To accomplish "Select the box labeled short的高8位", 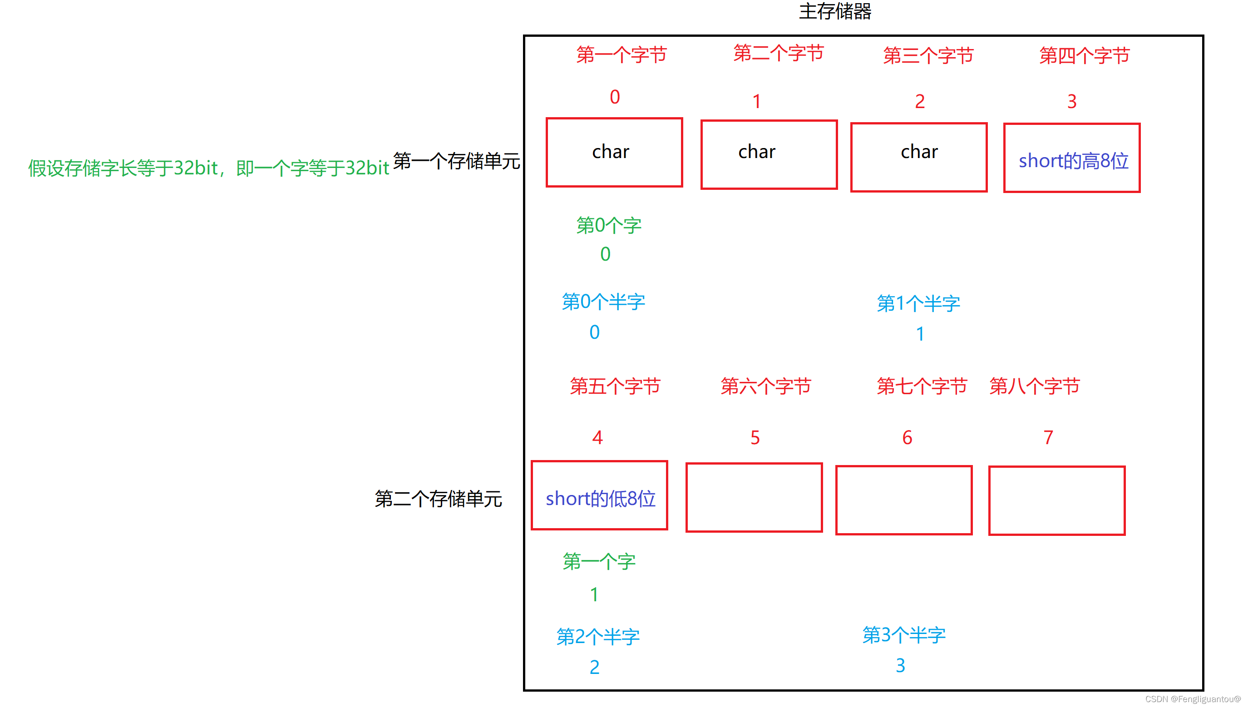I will tap(1071, 158).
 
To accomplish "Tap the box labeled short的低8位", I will tap(599, 495).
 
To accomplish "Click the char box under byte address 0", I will tap(614, 152).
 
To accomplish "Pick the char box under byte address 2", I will tap(918, 157).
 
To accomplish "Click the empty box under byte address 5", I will tap(754, 497).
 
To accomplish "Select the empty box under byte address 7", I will tap(1056, 500).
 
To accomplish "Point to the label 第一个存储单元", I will tap(456, 161).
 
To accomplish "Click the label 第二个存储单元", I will tap(438, 499).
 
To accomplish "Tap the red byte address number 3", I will tap(1071, 102).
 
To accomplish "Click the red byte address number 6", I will tap(907, 438).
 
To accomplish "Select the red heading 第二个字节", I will tap(779, 53).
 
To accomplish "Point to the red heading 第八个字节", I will tap(1034, 386).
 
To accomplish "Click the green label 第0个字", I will tap(608, 226).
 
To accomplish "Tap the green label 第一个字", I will tap(599, 562).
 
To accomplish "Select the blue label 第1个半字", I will tap(918, 303).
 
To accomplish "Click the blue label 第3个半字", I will tap(903, 635).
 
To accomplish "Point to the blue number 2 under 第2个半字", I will tap(594, 667).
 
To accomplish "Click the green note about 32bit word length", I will tap(208, 168).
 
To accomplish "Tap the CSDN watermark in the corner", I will tap(1193, 699).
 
